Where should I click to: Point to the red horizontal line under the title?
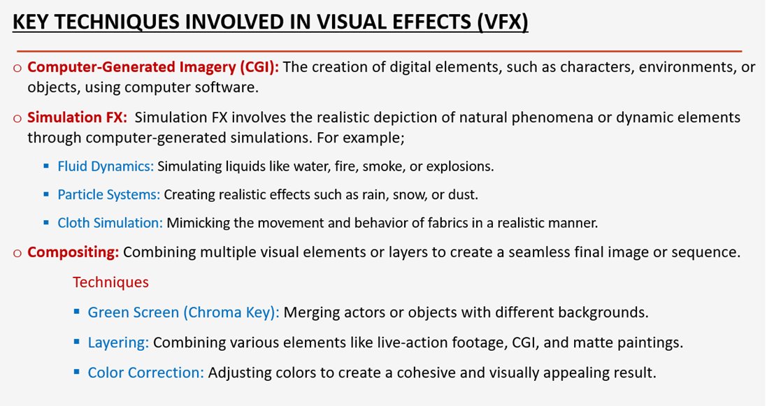click(x=378, y=51)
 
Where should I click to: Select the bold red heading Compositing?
click(x=73, y=252)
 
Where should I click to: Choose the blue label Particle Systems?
click(x=109, y=194)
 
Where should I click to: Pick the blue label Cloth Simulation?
click(x=110, y=223)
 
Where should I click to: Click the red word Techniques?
click(x=110, y=282)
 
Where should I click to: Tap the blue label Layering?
click(x=118, y=342)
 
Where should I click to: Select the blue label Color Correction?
click(x=146, y=372)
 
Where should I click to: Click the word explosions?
click(x=464, y=166)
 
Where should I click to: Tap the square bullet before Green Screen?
click(x=76, y=312)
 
